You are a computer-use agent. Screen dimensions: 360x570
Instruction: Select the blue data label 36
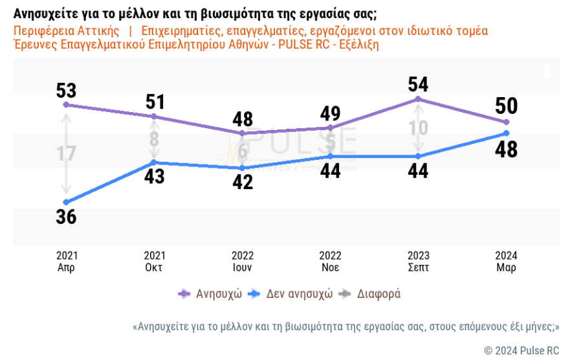pyautogui.click(x=66, y=216)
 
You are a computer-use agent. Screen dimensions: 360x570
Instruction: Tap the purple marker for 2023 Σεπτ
pyautogui.click(x=419, y=99)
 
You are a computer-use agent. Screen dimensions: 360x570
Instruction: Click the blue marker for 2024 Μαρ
pyautogui.click(x=507, y=133)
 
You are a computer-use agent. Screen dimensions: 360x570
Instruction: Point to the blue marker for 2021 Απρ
pyautogui.click(x=65, y=202)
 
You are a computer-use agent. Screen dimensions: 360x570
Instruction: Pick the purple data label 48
pyautogui.click(x=242, y=119)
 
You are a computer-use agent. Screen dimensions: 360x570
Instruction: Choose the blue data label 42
pyautogui.click(x=242, y=181)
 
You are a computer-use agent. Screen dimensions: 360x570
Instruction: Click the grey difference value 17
pyautogui.click(x=66, y=154)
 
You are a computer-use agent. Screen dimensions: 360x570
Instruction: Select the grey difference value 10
pyautogui.click(x=419, y=128)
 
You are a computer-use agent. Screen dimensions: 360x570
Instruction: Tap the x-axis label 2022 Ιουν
pyautogui.click(x=243, y=262)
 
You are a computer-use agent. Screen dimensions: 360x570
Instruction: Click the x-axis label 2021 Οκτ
pyautogui.click(x=154, y=262)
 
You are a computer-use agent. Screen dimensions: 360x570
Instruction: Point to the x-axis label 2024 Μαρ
pyautogui.click(x=507, y=262)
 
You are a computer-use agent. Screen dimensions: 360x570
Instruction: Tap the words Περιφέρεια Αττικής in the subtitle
pyautogui.click(x=67, y=31)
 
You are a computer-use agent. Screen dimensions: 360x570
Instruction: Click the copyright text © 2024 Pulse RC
pyautogui.click(x=521, y=350)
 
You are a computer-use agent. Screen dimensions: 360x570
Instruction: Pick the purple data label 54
pyautogui.click(x=419, y=84)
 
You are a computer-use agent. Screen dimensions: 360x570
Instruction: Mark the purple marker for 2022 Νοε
pyautogui.click(x=331, y=128)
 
